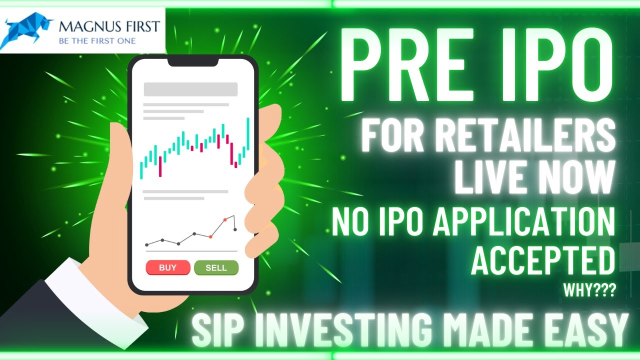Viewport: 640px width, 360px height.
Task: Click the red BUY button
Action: coord(167,267)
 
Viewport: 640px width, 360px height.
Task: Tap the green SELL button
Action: coord(216,267)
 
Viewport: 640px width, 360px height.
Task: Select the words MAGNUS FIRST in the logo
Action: coord(109,26)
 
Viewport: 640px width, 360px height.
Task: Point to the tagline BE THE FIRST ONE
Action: coord(97,40)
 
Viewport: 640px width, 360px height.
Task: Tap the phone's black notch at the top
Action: coord(192,61)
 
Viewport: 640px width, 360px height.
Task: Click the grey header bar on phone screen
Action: coord(190,89)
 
